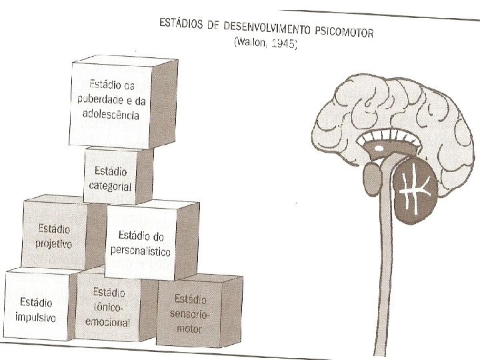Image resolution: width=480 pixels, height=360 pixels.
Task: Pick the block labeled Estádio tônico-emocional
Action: pos(110,307)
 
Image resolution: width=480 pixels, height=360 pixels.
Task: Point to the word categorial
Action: pos(111,187)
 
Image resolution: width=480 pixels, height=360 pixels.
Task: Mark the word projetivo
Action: pos(54,243)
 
